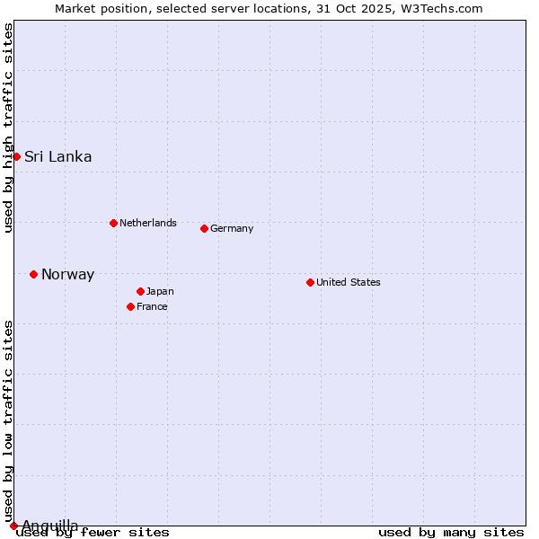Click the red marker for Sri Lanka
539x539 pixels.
pos(16,156)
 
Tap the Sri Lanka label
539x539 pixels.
pos(57,156)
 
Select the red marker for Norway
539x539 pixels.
pos(33,274)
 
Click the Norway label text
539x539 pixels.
pos(67,275)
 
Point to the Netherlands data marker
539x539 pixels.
pos(113,223)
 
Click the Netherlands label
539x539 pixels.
pos(147,223)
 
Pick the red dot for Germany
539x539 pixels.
pos(204,228)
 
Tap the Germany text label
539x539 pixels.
pos(232,228)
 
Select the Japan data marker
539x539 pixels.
pos(140,291)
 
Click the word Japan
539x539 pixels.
pos(160,291)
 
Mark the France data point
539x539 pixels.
pos(130,306)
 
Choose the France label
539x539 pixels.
pos(152,306)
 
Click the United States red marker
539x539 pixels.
pos(310,282)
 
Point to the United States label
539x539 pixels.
pos(348,282)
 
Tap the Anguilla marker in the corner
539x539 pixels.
pos(13,526)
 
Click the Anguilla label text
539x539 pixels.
pos(49,526)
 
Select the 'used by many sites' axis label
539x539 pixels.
pos(451,533)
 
